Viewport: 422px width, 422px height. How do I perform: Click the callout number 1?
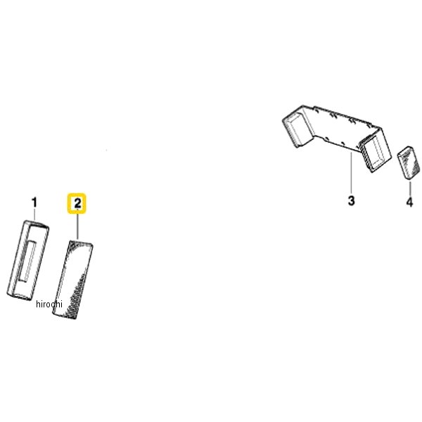pos(34,203)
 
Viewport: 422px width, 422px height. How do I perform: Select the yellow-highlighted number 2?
pos(77,203)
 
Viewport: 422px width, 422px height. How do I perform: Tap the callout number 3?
pos(351,200)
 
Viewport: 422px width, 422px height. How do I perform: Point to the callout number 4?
pos(409,202)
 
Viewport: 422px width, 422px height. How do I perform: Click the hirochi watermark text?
pos(49,304)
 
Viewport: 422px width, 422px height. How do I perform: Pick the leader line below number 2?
pos(77,226)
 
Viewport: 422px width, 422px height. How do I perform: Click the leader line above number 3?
pos(351,172)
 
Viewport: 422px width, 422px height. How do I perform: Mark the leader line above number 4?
pos(410,188)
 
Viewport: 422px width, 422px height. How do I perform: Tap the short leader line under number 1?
pos(34,215)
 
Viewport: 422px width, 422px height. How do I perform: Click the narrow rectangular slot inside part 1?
pos(27,262)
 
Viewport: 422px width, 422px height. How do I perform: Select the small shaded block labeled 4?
pos(409,162)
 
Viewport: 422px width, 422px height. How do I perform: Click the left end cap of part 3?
pos(297,129)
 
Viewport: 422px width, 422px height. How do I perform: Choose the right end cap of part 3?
pos(376,151)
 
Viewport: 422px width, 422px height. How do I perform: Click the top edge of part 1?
pos(37,224)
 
